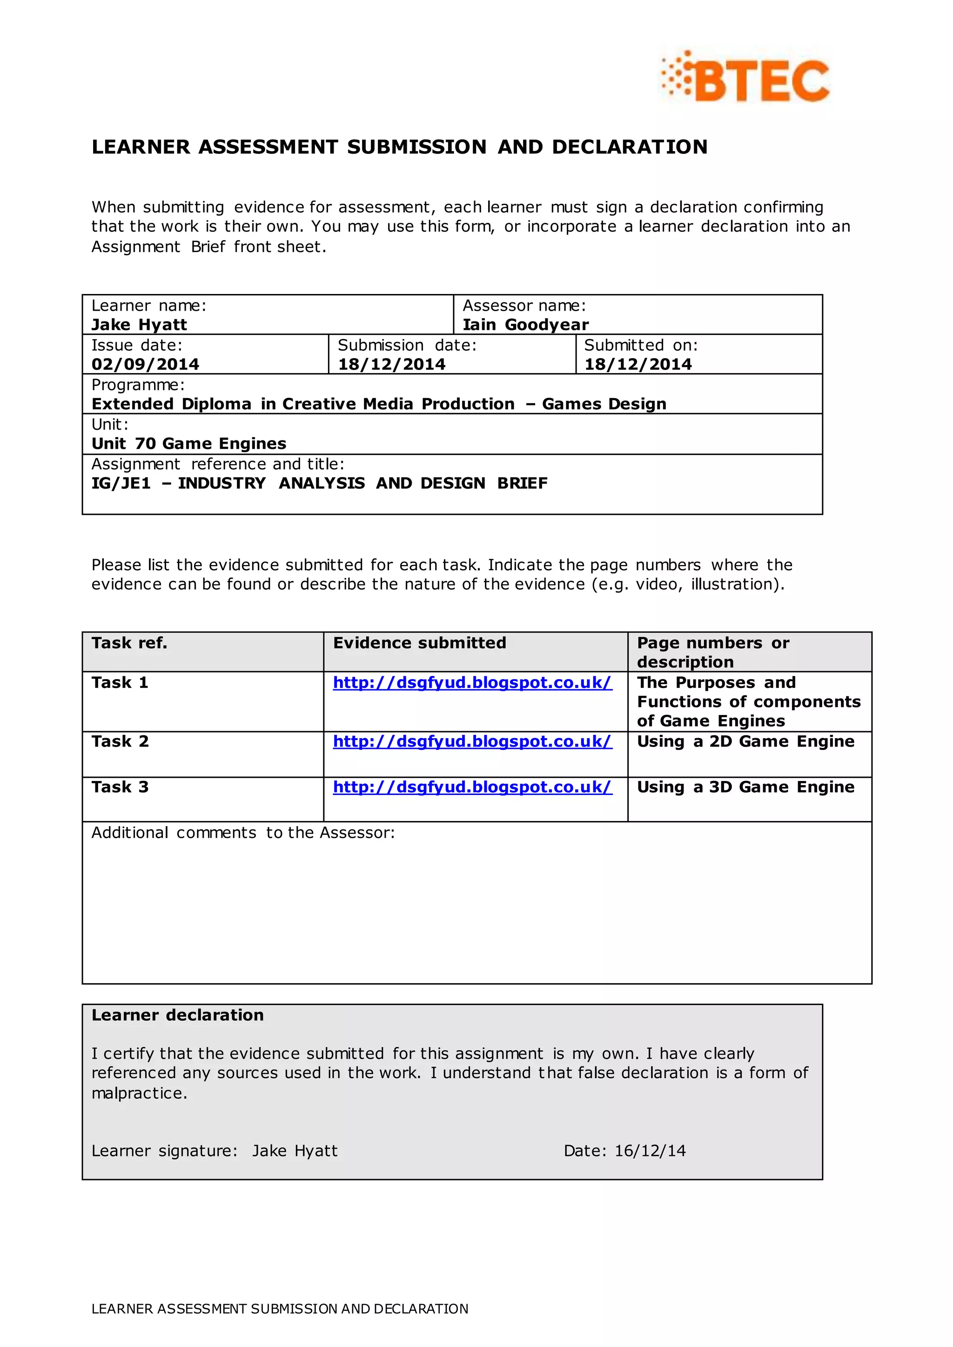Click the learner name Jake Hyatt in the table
tap(139, 325)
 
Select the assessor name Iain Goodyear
tap(525, 325)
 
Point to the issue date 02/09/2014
tap(145, 364)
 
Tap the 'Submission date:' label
tap(407, 345)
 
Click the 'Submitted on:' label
tap(640, 345)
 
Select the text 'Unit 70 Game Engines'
tap(189, 444)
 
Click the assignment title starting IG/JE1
tap(319, 483)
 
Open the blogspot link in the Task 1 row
tap(472, 683)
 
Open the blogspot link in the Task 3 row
tap(472, 787)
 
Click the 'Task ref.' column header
tap(129, 643)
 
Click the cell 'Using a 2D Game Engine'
tap(745, 741)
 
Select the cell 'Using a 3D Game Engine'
tap(745, 787)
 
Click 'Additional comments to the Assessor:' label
tap(243, 833)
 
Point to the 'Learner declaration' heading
tap(177, 1015)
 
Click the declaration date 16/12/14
tap(650, 1151)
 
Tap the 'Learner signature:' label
tap(164, 1151)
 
